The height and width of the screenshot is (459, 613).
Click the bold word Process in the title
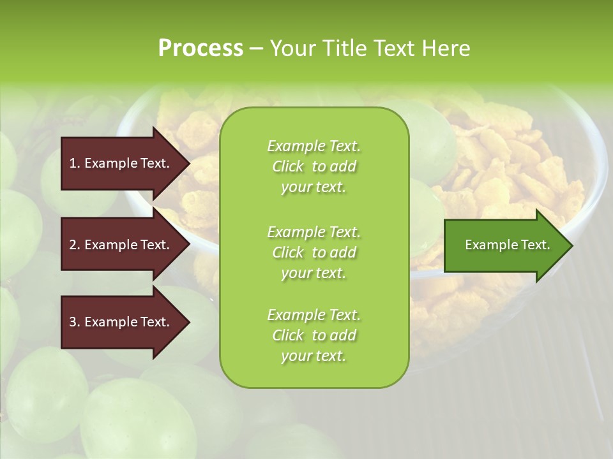201,48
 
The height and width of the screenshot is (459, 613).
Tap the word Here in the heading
446,48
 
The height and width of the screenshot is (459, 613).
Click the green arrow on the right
504,245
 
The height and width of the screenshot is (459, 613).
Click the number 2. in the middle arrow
75,245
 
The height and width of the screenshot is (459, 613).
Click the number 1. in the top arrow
75,163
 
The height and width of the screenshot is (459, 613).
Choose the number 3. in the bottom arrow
75,322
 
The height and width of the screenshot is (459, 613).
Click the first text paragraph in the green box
314,166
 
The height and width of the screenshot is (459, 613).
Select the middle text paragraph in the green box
314,252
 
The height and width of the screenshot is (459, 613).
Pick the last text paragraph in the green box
314,335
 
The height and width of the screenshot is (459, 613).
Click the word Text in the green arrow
536,245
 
